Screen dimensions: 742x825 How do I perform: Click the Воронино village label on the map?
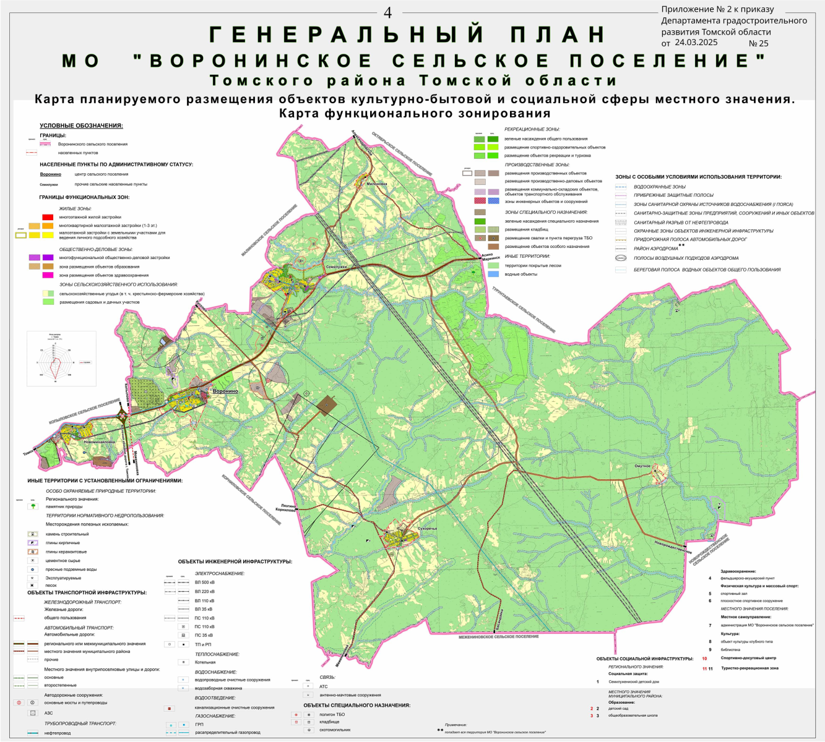[x=225, y=391]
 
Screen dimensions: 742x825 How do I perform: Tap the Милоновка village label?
[x=376, y=184]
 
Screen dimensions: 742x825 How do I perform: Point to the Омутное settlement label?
[x=642, y=466]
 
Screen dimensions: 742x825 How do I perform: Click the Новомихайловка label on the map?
[x=100, y=442]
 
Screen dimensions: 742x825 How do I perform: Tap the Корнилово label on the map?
[x=286, y=510]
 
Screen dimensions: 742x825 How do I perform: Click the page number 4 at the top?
[x=388, y=13]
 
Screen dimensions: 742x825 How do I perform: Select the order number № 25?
[x=758, y=43]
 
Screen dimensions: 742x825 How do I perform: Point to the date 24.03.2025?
[x=696, y=43]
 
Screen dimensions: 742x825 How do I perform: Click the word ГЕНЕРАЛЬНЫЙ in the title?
[x=347, y=35]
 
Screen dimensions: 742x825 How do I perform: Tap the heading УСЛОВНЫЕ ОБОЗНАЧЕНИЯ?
[x=81, y=126]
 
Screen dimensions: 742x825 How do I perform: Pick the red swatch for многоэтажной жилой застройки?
[x=47, y=217]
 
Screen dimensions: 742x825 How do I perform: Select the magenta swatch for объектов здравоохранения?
[x=47, y=275]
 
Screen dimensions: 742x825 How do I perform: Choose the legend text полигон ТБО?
[x=332, y=715]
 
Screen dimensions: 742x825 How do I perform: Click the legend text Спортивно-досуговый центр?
[x=748, y=658]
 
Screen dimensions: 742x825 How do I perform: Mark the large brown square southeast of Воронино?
[x=326, y=405]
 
